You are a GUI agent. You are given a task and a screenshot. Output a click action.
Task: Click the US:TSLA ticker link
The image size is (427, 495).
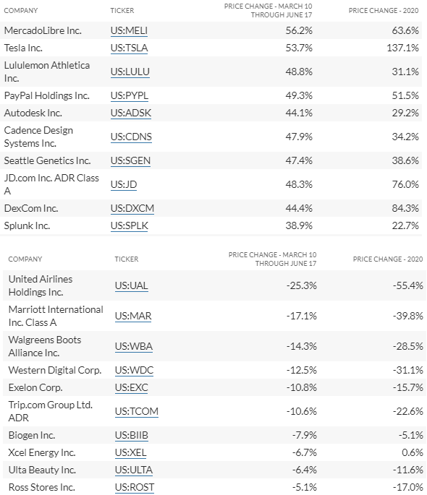coord(129,48)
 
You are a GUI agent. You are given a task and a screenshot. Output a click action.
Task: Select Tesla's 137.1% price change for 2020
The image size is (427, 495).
coord(402,48)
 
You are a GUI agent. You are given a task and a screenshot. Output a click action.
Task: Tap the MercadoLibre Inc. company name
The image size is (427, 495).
coord(43,30)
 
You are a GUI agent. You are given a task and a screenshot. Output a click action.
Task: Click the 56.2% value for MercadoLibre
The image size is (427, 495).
coord(299,30)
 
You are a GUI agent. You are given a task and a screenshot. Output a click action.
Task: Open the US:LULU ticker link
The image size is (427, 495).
coord(130,72)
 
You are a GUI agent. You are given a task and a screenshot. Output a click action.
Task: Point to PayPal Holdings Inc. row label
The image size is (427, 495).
coord(47,95)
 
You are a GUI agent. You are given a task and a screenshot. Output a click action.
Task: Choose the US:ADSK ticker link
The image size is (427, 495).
coord(131,113)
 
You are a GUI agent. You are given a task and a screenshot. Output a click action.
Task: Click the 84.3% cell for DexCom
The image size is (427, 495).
coord(405,208)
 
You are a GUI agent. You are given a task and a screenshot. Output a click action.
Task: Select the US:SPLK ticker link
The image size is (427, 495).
coord(130,225)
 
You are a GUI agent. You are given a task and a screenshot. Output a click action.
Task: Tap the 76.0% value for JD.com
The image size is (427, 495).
coord(405,184)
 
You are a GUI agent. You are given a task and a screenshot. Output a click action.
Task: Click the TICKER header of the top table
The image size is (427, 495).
coord(122,10)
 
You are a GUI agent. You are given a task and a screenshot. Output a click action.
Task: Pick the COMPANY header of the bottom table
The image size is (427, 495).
coord(25,259)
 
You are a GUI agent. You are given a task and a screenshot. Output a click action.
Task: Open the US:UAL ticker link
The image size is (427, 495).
coord(131,285)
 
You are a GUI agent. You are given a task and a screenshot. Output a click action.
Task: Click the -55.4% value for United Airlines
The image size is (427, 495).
coord(407,285)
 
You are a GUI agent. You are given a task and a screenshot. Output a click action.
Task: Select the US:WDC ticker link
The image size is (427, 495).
coord(134,370)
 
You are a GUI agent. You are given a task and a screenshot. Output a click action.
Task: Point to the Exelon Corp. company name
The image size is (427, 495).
coord(35,387)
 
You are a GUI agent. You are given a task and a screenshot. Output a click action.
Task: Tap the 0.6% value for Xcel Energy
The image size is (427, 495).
coord(413,452)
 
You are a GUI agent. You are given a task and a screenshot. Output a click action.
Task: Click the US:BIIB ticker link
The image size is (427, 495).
coord(132,435)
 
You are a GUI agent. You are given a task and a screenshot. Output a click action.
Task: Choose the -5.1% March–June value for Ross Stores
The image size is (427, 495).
coord(305,488)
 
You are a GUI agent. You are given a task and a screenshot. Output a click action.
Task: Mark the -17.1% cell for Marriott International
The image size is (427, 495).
coord(302,316)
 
